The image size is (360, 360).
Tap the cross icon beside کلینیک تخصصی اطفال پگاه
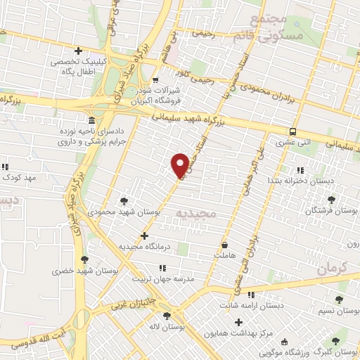point(78,51)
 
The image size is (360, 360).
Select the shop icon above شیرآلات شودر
point(155,81)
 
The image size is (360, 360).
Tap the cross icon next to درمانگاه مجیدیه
point(144,236)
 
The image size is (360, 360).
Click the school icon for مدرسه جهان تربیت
point(162,267)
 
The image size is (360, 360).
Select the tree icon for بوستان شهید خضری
point(84,259)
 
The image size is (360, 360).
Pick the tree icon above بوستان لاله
point(167,316)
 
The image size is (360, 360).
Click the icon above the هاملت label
point(224,245)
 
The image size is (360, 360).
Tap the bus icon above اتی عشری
point(292,131)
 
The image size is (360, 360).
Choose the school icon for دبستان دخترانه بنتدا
point(300,170)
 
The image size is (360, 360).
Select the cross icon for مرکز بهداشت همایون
point(238,322)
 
